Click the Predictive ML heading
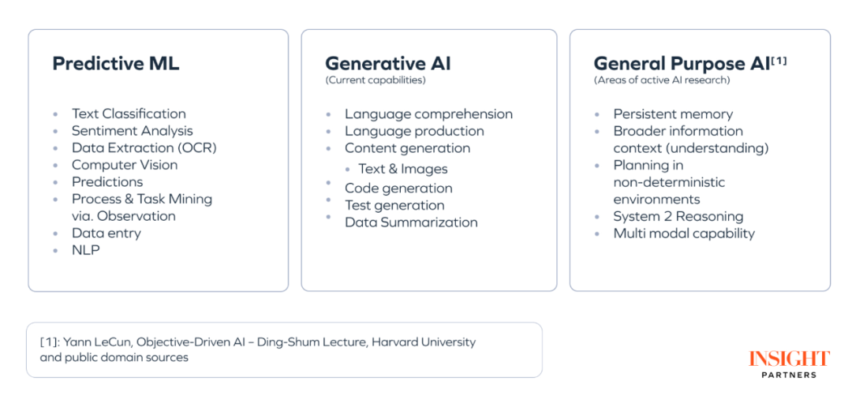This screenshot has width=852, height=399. [116, 64]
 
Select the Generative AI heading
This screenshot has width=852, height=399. [388, 64]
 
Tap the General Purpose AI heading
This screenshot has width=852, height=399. [682, 64]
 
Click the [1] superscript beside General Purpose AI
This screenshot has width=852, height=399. [779, 61]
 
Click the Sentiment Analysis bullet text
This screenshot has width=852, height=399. [132, 131]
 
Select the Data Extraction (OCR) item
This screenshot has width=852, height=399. [144, 148]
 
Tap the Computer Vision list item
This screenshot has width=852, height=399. [125, 165]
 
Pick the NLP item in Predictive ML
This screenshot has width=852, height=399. [86, 250]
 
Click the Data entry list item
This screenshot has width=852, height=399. [106, 233]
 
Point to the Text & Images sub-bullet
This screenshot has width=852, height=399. [402, 170]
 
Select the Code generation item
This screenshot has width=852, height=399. [398, 188]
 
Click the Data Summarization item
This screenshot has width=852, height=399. [411, 222]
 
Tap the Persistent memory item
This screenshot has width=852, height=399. [673, 114]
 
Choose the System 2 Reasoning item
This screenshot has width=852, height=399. [678, 217]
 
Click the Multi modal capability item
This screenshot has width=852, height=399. [684, 234]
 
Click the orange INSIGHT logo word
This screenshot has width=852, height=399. [789, 360]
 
